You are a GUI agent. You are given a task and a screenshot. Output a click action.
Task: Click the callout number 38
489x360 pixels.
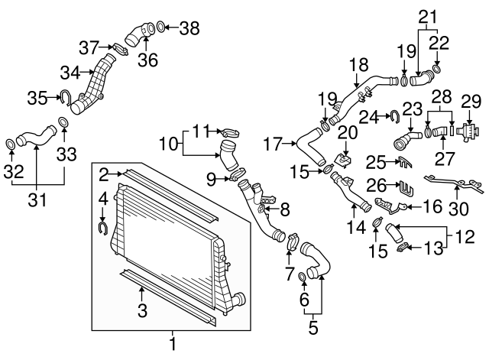[x=189, y=28]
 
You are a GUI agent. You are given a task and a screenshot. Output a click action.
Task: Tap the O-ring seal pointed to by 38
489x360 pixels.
[x=160, y=27]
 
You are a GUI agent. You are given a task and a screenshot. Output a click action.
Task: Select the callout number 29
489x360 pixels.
[x=471, y=102]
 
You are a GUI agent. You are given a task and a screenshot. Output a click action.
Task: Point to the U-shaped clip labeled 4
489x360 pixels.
[x=103, y=228]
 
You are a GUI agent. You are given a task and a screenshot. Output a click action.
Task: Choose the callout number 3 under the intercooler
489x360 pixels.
[x=142, y=310]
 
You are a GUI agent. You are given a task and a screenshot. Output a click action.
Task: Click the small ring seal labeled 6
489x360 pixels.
[x=303, y=277]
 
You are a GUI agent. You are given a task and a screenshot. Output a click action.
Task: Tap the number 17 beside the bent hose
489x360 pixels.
[x=273, y=144]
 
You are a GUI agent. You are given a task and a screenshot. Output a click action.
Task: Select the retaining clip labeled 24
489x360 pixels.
[x=395, y=116]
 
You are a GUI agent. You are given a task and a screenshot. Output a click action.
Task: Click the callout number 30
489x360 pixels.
[x=458, y=209]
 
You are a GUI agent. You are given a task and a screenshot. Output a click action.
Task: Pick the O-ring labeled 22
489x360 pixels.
[x=436, y=69]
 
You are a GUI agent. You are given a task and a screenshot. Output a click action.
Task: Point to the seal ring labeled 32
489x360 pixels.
[x=11, y=144]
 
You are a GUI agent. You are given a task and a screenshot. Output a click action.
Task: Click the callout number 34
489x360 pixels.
[x=70, y=73]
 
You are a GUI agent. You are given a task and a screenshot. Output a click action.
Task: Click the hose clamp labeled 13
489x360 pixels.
[x=402, y=248]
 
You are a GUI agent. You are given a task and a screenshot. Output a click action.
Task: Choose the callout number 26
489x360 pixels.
[x=377, y=186]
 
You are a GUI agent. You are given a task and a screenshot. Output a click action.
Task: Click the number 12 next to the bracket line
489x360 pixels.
[x=465, y=237]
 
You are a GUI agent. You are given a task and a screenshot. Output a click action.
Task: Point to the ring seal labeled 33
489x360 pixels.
[x=63, y=122]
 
